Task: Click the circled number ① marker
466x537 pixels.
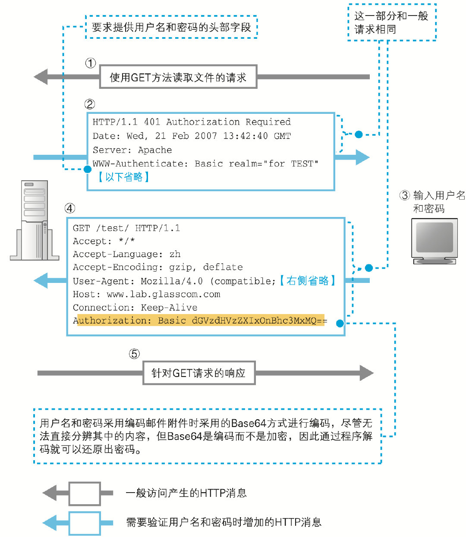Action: click(x=90, y=63)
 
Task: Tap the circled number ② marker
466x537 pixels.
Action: click(x=89, y=104)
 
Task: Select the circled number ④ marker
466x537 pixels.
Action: click(x=69, y=208)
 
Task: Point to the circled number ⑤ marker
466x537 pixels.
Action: click(x=134, y=354)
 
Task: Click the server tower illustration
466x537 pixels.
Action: click(x=35, y=220)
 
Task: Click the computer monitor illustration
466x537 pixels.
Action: click(x=434, y=241)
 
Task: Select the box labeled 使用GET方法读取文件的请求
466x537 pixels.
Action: click(x=178, y=77)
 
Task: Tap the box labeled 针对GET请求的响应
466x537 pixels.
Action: click(x=199, y=373)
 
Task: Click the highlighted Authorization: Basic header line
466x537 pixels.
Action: click(x=200, y=320)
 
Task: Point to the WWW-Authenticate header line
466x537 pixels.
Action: click(x=205, y=163)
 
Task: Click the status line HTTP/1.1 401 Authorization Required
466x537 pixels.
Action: click(x=192, y=122)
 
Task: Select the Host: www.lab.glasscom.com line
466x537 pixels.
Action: click(x=146, y=294)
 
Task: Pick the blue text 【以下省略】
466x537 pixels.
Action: click(x=123, y=177)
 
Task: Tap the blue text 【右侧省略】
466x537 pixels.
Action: click(x=307, y=281)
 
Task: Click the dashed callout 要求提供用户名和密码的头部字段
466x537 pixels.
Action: click(x=171, y=27)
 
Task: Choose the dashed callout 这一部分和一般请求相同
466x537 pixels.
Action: click(x=391, y=22)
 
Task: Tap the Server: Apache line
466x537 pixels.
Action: click(x=132, y=150)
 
